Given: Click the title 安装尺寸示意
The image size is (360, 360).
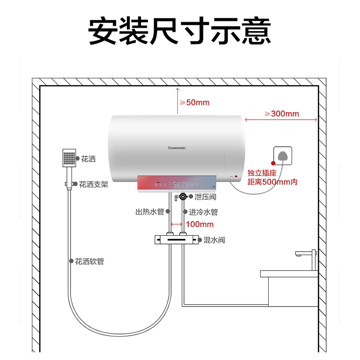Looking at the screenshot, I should pyautogui.click(x=180, y=31).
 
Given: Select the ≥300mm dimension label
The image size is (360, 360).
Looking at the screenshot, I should pyautogui.click(x=282, y=114).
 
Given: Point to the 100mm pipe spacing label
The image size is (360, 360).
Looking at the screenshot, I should pyautogui.click(x=199, y=224).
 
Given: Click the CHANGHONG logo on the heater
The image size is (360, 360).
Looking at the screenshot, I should pyautogui.click(x=176, y=147).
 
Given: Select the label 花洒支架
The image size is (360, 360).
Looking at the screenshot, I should pyautogui.click(x=94, y=184).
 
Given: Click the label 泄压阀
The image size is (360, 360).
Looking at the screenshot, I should pyautogui.click(x=206, y=197).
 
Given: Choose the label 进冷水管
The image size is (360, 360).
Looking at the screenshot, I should pyautogui.click(x=203, y=211).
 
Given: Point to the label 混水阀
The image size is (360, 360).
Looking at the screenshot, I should pyautogui.click(x=214, y=240).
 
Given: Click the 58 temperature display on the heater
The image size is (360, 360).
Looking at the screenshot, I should pyautogui.click(x=177, y=184).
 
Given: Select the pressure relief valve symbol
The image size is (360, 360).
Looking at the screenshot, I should pyautogui.click(x=183, y=197).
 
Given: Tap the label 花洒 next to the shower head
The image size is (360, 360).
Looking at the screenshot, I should pyautogui.click(x=88, y=159).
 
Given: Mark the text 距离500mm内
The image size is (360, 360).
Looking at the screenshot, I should pyautogui.click(x=272, y=182).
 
